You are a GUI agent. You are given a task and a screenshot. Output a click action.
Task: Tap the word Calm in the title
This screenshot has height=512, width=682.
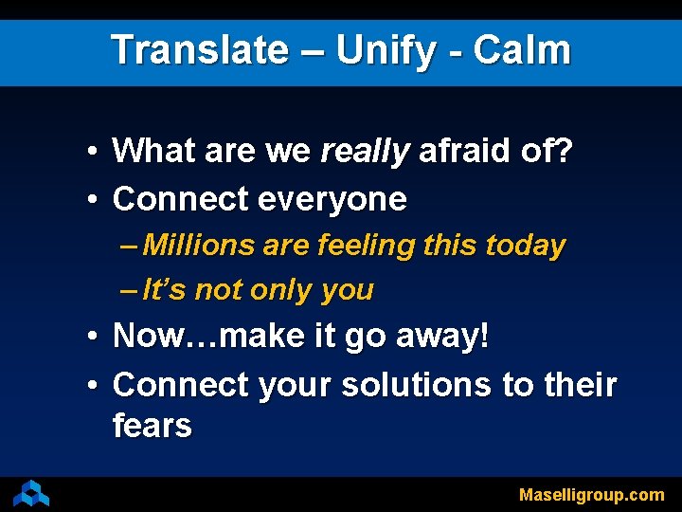point(522,50)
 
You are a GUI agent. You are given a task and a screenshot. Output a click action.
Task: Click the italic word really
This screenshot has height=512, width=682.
point(365,150)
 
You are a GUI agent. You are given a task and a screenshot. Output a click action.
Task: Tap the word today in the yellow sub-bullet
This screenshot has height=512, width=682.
point(525,246)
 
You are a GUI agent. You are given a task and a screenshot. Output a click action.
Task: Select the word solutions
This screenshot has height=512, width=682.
point(415,385)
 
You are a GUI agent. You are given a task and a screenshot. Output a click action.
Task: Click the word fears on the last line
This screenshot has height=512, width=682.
point(152,426)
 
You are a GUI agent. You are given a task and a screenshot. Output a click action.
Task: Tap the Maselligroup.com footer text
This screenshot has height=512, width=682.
point(591,495)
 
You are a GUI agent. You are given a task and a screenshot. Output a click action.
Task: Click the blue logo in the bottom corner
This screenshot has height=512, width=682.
point(30,493)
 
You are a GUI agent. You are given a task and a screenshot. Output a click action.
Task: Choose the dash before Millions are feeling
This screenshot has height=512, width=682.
point(131,246)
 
